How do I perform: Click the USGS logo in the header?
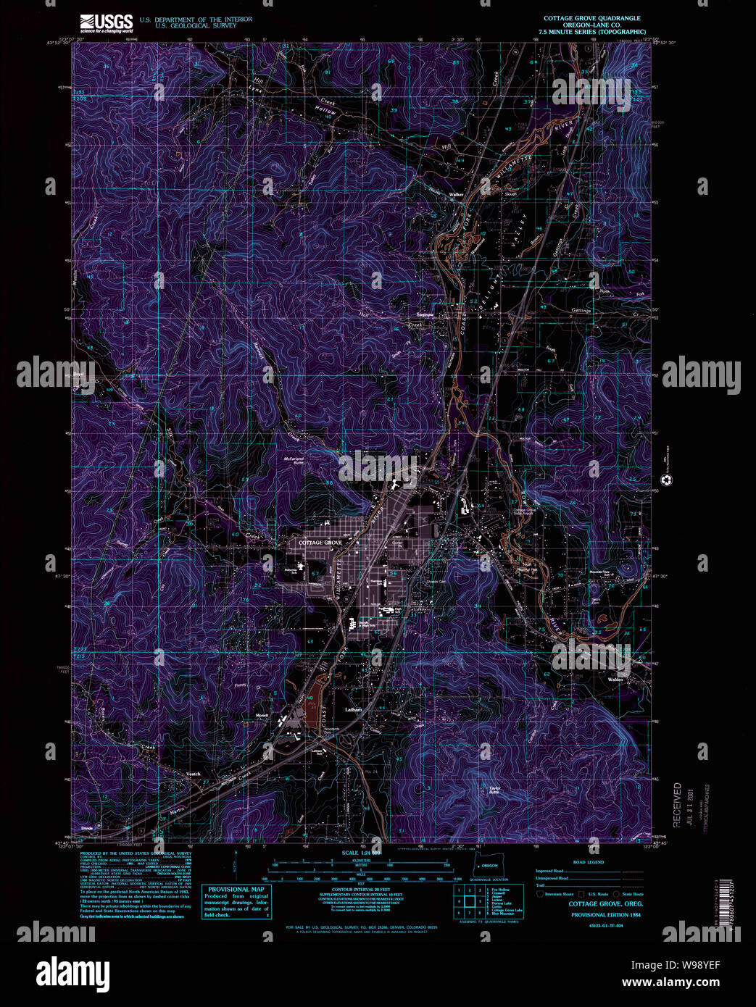click(106, 22)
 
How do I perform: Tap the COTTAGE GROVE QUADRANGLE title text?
click(591, 18)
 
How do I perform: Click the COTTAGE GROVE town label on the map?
click(320, 543)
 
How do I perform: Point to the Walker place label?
click(456, 194)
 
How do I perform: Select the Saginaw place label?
click(425, 315)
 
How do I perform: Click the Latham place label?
click(353, 710)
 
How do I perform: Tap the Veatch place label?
click(193, 774)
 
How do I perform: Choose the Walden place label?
click(615, 680)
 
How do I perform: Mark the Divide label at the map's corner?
click(88, 827)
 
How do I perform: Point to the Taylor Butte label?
click(495, 791)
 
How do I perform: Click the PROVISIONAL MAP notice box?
click(236, 902)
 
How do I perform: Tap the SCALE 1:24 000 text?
click(360, 853)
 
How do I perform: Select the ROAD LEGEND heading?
click(588, 862)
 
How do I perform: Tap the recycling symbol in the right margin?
click(665, 480)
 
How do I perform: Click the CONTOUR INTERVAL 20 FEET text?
click(360, 889)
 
